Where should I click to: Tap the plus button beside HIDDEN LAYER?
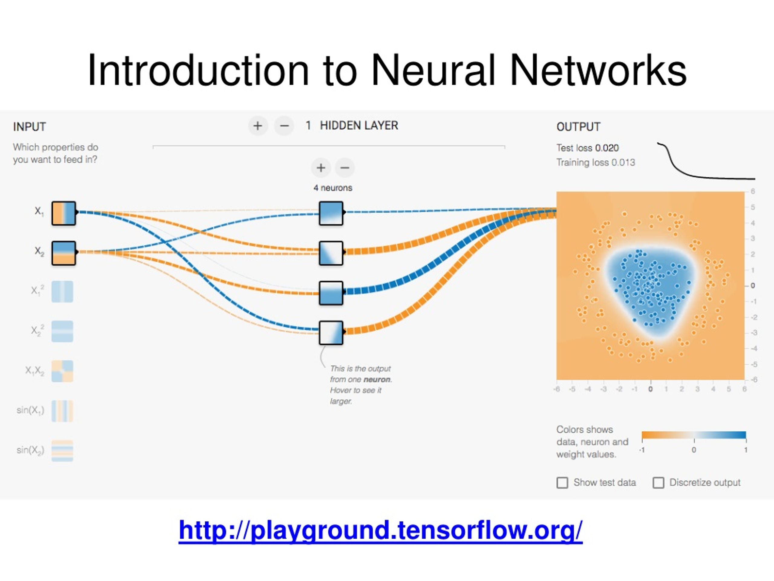(258, 126)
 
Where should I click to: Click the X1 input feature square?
(64, 213)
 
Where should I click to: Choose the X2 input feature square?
(64, 253)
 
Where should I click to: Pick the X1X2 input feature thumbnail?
(62, 371)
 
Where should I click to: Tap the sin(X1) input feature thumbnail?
(62, 411)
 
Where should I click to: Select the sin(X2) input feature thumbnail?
(62, 450)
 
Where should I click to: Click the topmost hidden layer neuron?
(331, 213)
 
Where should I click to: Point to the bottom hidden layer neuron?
(331, 333)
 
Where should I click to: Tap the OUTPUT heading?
(578, 126)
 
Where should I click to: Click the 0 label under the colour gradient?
(694, 450)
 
